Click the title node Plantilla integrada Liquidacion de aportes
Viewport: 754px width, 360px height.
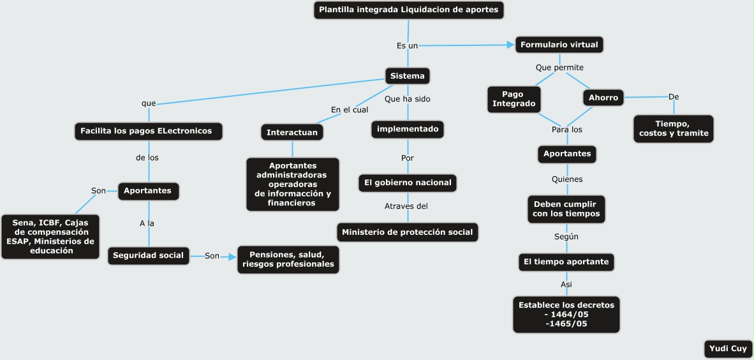click(x=408, y=10)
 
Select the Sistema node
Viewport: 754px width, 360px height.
click(x=407, y=76)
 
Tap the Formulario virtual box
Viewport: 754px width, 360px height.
click(x=559, y=45)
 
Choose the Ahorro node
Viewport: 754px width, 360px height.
click(x=603, y=98)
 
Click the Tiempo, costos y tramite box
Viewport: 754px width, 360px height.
click(x=674, y=128)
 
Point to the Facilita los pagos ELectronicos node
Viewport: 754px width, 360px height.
click(x=149, y=131)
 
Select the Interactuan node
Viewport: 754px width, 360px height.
click(x=292, y=131)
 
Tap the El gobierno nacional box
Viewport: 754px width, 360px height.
click(x=408, y=183)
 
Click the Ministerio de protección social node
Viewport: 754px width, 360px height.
click(x=407, y=232)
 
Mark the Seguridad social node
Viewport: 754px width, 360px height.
click(x=149, y=255)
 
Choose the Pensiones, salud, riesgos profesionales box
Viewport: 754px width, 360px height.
click(x=288, y=259)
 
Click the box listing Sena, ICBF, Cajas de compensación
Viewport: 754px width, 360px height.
click(x=50, y=237)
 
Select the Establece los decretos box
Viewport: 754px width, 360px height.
click(x=566, y=314)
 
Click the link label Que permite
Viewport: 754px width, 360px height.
click(x=559, y=67)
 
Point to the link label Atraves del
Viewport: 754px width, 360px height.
click(x=406, y=206)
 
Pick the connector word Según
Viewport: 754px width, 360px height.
click(x=566, y=236)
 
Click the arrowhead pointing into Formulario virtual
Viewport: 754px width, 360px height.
click(x=510, y=45)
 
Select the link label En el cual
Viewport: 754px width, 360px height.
click(x=350, y=110)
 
